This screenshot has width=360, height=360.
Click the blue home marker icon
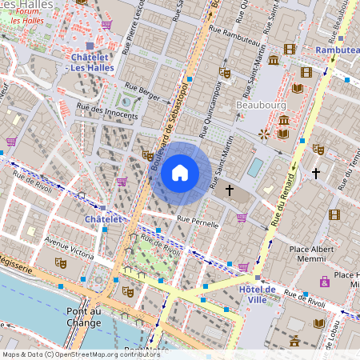coord(180,172)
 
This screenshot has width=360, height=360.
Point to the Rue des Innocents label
coord(106,112)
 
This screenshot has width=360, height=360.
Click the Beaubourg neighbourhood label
coord(260,105)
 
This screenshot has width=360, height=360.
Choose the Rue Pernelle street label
coord(198,222)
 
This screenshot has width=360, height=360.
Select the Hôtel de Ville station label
coord(257,294)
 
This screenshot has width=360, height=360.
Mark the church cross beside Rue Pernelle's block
coord(230,190)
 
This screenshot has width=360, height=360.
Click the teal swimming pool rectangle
coord(254,167)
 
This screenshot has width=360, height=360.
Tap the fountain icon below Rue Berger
coord(126,101)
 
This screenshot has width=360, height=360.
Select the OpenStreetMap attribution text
coord(70,354)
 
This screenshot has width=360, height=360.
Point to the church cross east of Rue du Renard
coord(316,172)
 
